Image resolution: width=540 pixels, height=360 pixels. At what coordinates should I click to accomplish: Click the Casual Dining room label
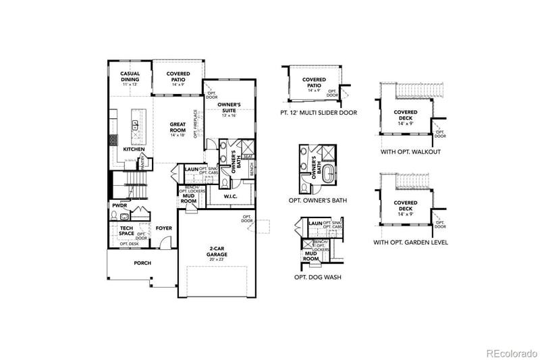point(130,76)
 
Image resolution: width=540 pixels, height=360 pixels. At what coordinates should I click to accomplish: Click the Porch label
point(142,263)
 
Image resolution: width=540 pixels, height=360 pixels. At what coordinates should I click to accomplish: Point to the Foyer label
point(163,228)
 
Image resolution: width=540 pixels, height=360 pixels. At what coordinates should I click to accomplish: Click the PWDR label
point(119,205)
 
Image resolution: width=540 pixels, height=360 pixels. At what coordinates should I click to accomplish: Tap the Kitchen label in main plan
point(133,149)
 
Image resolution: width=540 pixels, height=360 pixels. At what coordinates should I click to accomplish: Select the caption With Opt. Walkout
point(410,151)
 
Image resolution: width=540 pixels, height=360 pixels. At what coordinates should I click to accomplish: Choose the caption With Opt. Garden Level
point(410,242)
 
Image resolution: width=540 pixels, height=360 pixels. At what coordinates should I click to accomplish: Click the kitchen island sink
point(135,124)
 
